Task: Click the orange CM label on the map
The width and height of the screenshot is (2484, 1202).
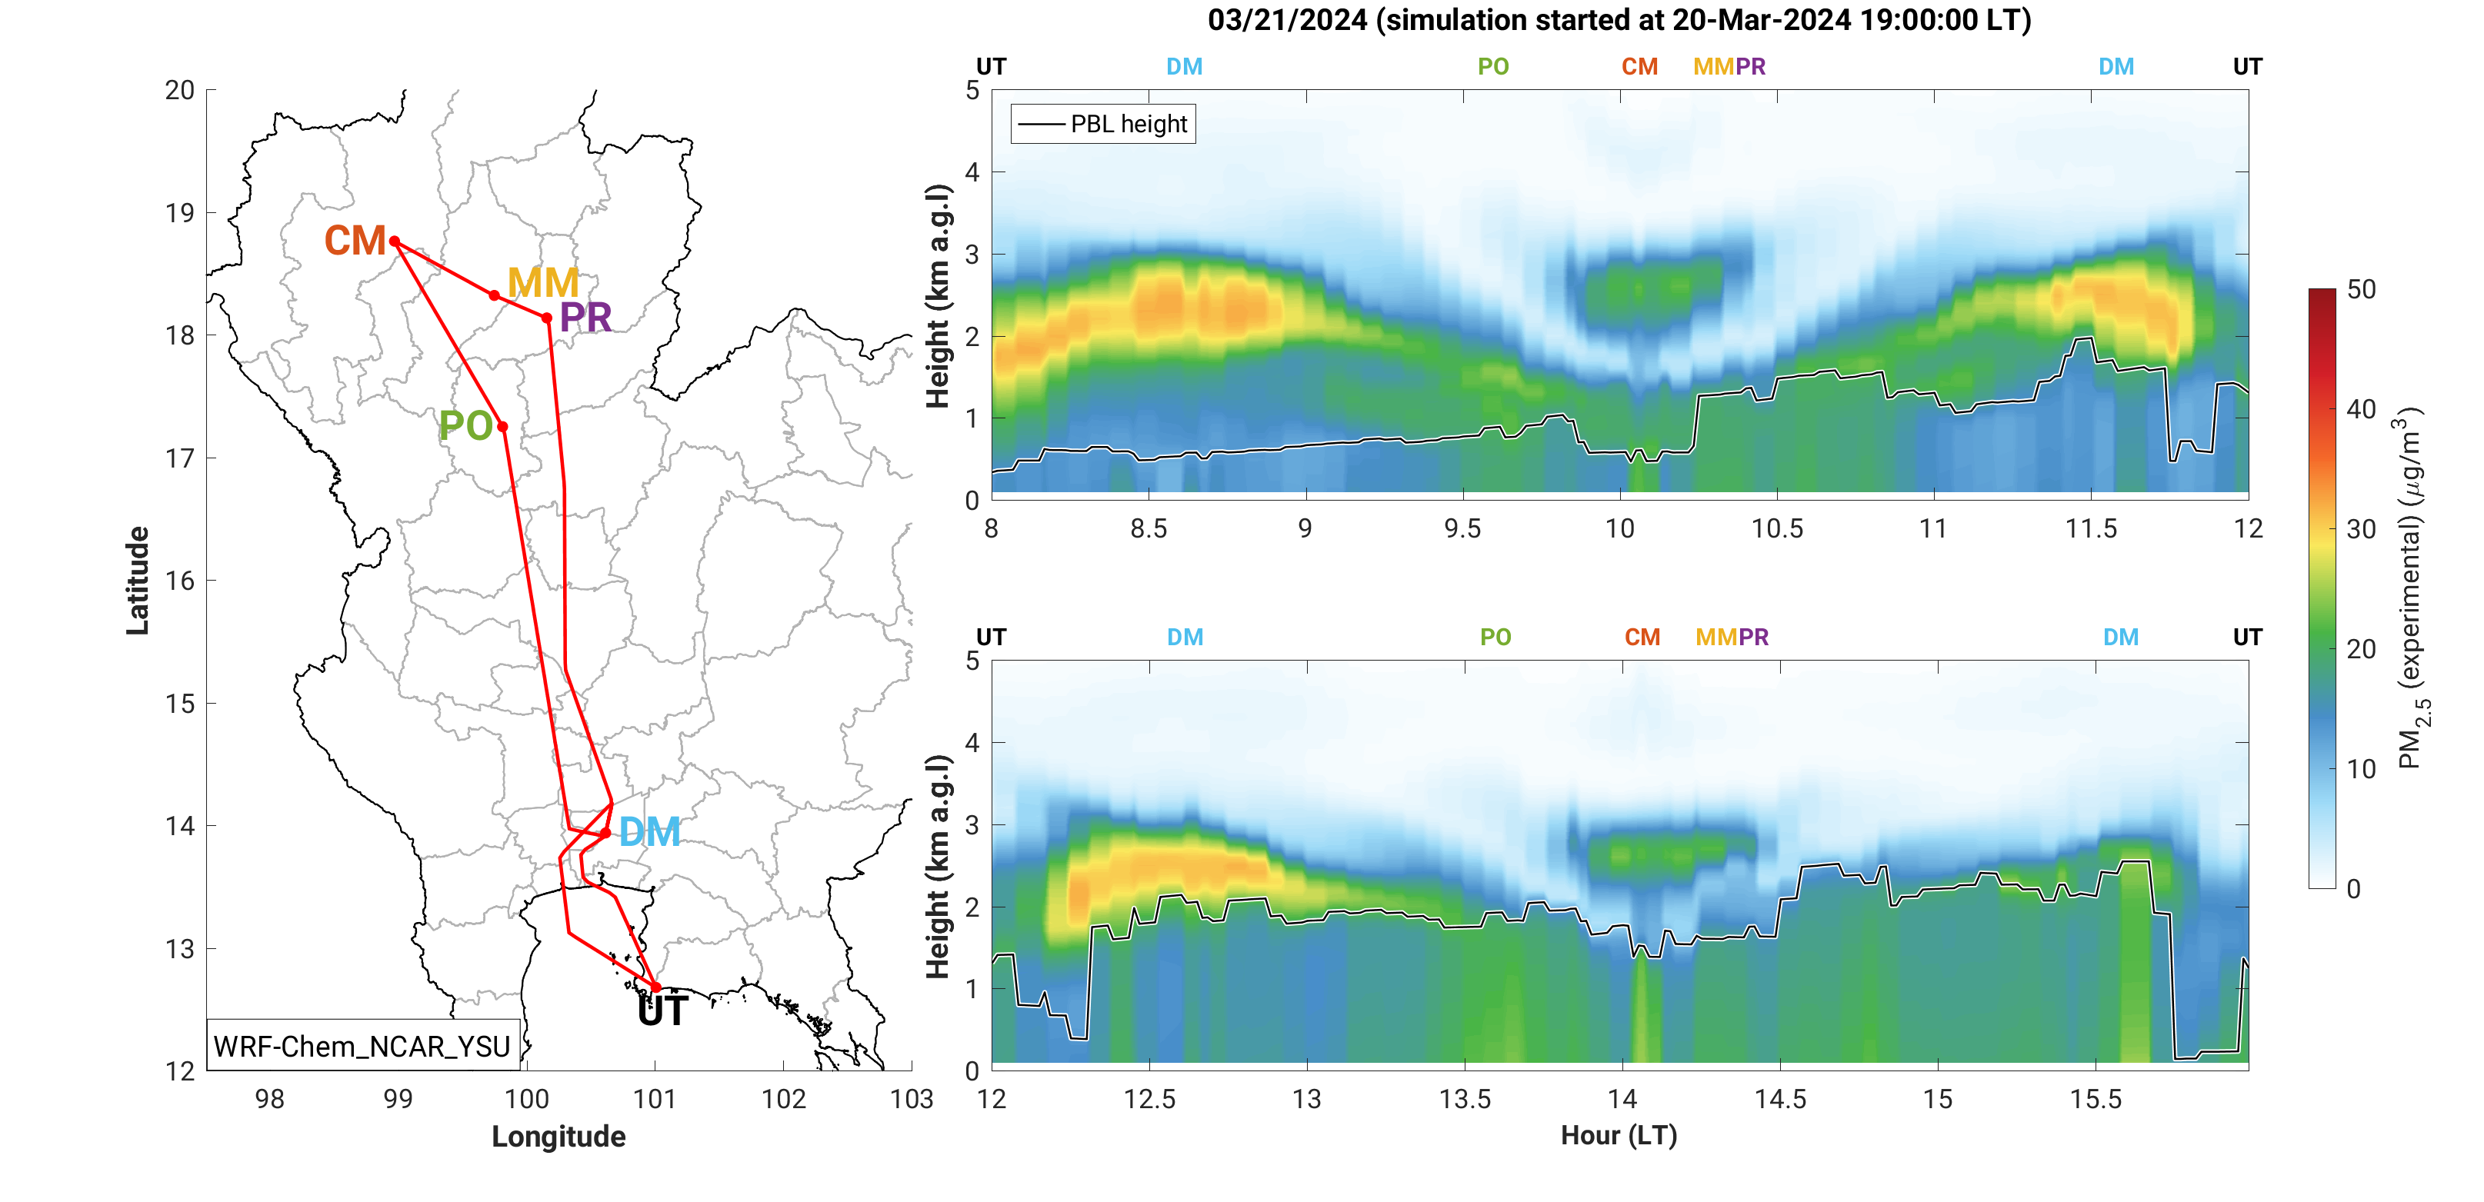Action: point(355,241)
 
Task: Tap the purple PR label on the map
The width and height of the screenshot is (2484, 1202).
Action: point(585,318)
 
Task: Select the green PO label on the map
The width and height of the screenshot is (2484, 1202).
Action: point(465,426)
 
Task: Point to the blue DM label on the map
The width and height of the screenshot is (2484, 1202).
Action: point(649,832)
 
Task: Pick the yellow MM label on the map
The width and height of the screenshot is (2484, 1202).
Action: point(543,282)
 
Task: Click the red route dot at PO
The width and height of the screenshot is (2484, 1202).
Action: point(502,426)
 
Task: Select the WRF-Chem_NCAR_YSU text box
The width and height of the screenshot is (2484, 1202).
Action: point(362,1046)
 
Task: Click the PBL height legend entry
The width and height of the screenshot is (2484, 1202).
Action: point(1103,125)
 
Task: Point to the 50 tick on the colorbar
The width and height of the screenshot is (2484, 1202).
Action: point(2361,289)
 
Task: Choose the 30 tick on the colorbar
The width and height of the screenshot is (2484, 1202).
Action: point(2361,529)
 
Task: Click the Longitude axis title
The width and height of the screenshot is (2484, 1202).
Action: point(558,1137)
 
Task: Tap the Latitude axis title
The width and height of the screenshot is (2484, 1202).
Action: point(138,581)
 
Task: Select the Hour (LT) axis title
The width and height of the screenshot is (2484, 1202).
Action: point(1619,1136)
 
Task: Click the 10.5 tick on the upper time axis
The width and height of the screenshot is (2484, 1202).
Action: point(1776,529)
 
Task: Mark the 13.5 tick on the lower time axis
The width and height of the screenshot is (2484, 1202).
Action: point(1464,1100)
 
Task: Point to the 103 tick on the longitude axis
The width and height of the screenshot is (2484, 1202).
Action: point(912,1100)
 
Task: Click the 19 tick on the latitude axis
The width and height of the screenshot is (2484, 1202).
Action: point(179,213)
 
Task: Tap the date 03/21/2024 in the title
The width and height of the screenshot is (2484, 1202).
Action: point(1286,20)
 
